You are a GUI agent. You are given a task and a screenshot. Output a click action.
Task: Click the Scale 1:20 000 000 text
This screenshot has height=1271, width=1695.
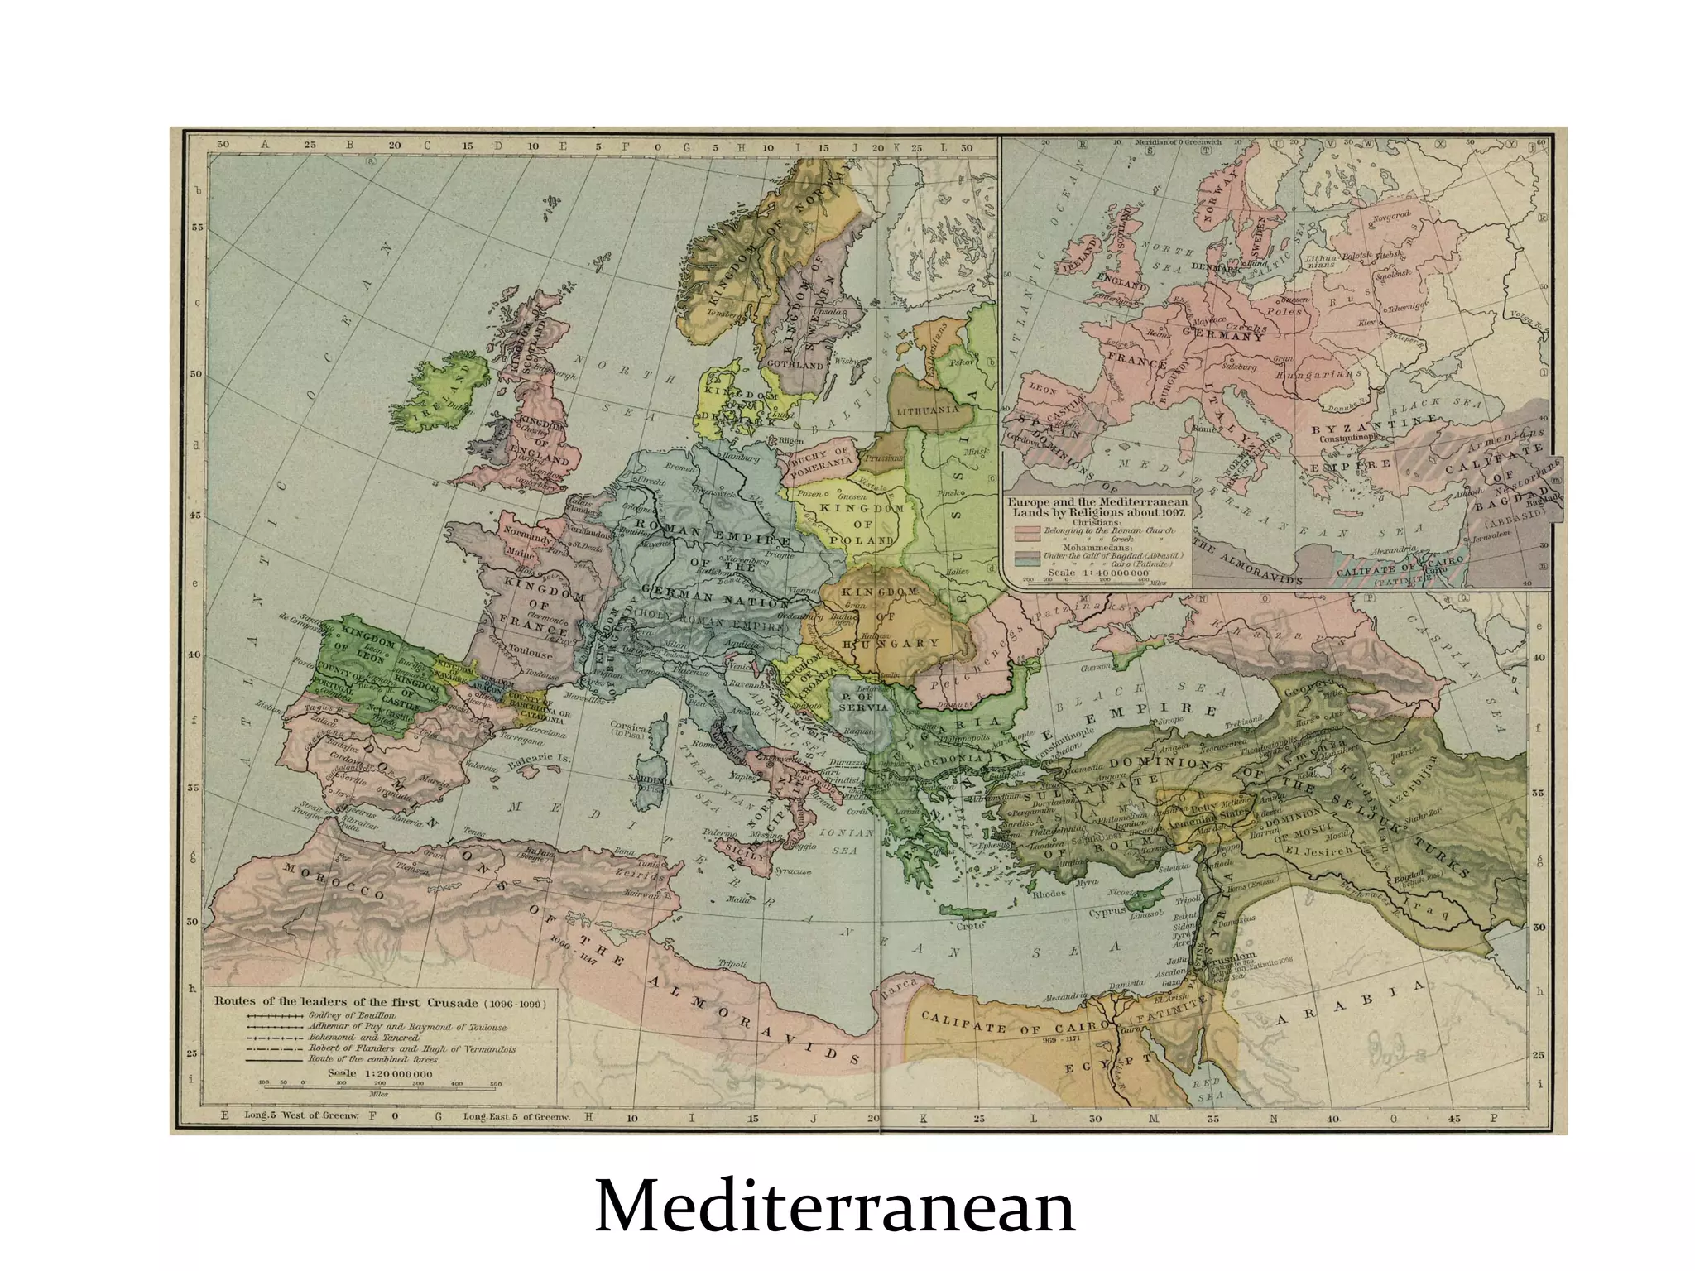click(x=380, y=1073)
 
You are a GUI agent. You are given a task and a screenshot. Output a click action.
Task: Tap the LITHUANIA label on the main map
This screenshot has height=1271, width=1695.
click(x=928, y=410)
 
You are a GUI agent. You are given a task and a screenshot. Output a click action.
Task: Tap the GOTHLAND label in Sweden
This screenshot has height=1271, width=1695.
click(x=795, y=365)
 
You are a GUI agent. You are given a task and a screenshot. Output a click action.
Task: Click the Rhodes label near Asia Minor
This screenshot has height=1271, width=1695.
click(x=1049, y=894)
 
